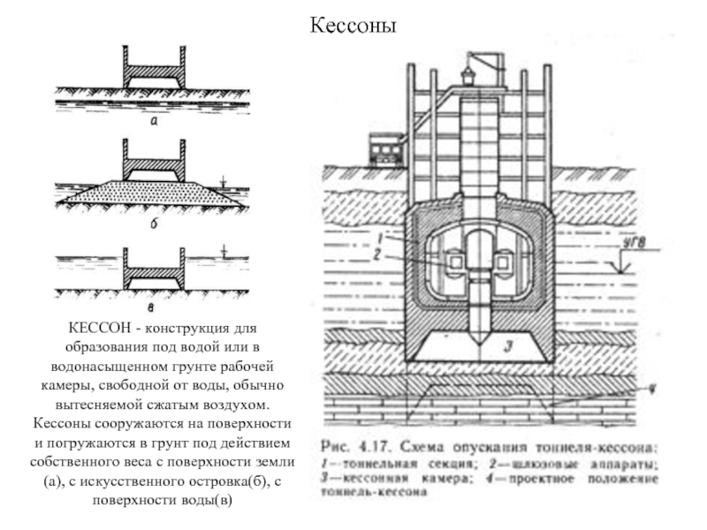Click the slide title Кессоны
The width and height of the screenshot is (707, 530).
click(x=353, y=26)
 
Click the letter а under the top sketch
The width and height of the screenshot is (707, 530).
click(x=153, y=125)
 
